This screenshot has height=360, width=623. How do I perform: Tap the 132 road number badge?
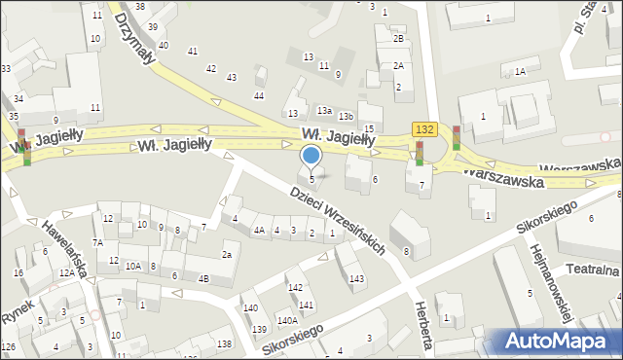coord(423,129)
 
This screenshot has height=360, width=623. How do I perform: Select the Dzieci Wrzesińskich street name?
coord(338,220)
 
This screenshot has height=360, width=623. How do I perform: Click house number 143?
coord(357,279)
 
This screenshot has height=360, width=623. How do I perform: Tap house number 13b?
coord(346,117)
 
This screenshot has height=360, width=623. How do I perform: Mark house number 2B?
coord(398,39)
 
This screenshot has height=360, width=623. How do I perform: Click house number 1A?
coord(521,72)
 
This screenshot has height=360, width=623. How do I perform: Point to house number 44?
coord(259,95)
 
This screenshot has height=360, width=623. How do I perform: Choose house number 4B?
coord(203,279)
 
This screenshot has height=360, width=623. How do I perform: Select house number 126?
coord(8,347)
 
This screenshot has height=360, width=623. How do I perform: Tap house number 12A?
coord(66,273)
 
